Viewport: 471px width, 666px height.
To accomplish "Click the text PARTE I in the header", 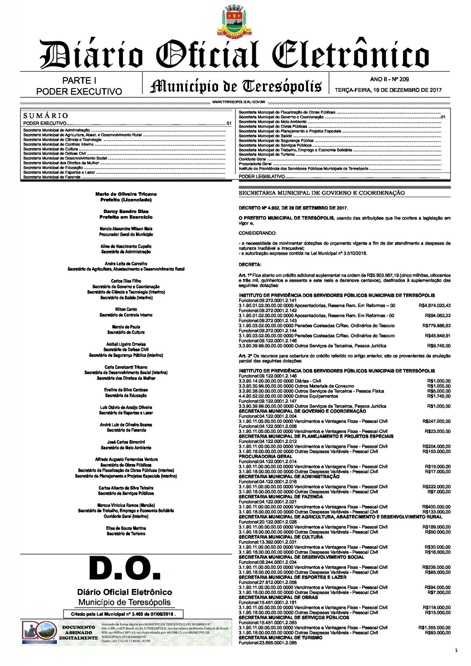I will click(79, 80).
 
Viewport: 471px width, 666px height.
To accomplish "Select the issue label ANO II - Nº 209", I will click(389, 79).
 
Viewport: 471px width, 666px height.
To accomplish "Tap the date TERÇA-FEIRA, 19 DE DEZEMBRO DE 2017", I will click(388, 90).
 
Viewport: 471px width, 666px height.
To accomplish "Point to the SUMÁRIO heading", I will click(46, 115).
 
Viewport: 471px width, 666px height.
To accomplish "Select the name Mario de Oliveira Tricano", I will click(126, 194).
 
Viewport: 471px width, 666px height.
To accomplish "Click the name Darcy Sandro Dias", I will click(126, 211).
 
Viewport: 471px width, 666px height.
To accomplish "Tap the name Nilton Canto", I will click(126, 309).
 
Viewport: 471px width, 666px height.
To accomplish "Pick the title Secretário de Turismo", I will click(126, 534).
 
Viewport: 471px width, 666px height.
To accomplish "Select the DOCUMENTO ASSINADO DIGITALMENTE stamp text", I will click(78, 633).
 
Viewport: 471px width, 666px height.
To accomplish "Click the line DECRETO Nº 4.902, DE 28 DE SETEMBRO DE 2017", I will click(293, 208).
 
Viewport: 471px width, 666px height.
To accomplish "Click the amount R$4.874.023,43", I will click(434, 306).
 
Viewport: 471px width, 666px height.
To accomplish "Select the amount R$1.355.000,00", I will click(434, 628).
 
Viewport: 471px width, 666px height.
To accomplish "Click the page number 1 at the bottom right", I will click(456, 650).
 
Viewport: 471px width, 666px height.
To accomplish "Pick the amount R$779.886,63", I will click(437, 326).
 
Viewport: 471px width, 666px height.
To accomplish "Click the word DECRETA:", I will click(250, 265).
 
